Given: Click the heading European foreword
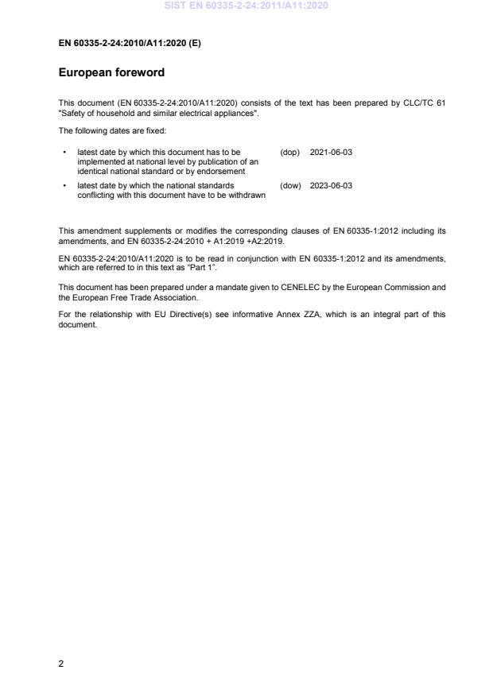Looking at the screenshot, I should coord(111,72).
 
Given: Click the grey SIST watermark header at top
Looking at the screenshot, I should coord(246,6).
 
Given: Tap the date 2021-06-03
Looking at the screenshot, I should coord(331,151).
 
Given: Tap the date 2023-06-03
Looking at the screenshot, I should coord(331,185).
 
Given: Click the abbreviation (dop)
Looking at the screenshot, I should coord(289,151).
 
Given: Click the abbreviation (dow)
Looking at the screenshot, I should coord(290,185).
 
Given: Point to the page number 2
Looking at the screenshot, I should coord(61,664).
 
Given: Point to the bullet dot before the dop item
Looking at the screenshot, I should coord(64,151).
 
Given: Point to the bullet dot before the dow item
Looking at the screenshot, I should coord(64,185).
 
